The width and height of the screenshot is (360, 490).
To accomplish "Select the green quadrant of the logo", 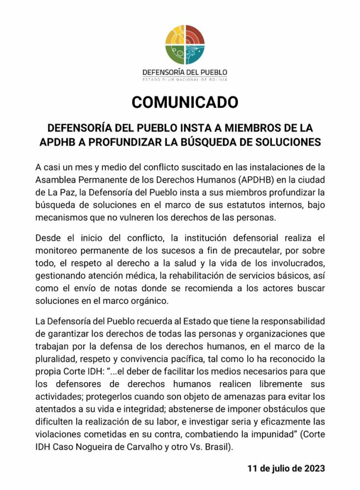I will (x=175, y=54).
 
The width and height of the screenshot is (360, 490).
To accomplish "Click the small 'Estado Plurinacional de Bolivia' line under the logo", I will (x=184, y=78).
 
